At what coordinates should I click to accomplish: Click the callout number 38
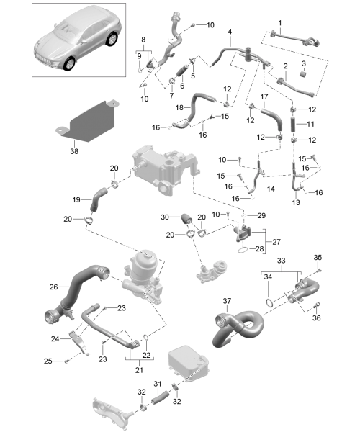pos(74,151)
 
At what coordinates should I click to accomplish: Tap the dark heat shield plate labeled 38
pos(88,122)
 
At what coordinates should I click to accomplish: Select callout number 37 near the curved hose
pos(227,301)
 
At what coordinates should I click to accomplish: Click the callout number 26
pos(54,287)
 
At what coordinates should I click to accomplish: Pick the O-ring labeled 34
pos(270,302)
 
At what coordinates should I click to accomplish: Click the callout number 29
pos(261,215)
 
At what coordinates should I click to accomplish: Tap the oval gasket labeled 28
pos(243,250)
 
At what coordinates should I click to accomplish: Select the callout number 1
pos(280,23)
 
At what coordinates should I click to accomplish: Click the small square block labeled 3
pos(304,74)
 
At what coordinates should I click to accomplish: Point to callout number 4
pos(230,32)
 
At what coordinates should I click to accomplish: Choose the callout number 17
pos(264,96)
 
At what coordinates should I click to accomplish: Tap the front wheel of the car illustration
pos(68,63)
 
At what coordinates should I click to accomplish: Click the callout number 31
pos(157,384)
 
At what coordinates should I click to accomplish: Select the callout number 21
pos(139,370)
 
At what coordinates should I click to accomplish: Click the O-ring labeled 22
pos(146,338)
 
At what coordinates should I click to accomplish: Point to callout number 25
pos(48,361)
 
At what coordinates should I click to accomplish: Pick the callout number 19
pos(76,199)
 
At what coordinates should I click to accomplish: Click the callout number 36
pos(317,318)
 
